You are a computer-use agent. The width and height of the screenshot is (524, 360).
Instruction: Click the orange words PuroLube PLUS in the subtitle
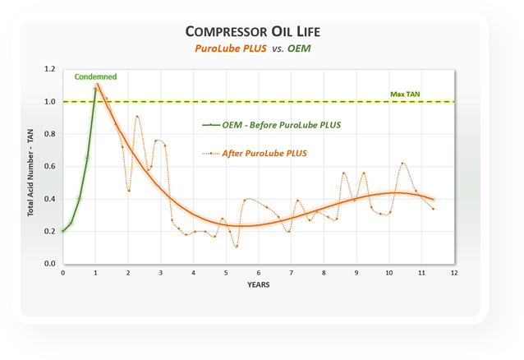[228, 49]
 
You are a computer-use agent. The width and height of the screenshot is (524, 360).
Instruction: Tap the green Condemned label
[95, 76]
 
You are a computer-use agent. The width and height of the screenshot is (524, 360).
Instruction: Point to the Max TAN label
[404, 95]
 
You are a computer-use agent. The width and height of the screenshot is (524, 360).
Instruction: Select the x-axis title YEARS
[257, 284]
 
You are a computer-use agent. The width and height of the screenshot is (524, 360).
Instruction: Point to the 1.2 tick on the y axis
[50, 69]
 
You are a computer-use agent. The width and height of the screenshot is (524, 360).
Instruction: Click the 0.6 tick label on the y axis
[50, 167]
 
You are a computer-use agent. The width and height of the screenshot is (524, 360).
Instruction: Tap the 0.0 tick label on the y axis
[50, 264]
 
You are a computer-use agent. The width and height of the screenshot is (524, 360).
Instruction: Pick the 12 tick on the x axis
[453, 273]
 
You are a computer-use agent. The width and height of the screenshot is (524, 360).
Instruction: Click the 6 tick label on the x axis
[258, 273]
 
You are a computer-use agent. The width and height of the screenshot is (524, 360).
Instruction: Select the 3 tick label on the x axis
[161, 273]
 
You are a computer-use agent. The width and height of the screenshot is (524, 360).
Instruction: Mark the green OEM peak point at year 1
[95, 89]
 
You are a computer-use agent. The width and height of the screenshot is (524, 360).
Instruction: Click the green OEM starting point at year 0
[62, 231]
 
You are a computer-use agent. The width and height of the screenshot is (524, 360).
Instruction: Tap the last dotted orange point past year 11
[433, 209]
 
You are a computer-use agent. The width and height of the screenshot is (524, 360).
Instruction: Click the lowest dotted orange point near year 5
[236, 246]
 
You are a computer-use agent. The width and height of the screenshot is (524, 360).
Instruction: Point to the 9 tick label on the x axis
[356, 273]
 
